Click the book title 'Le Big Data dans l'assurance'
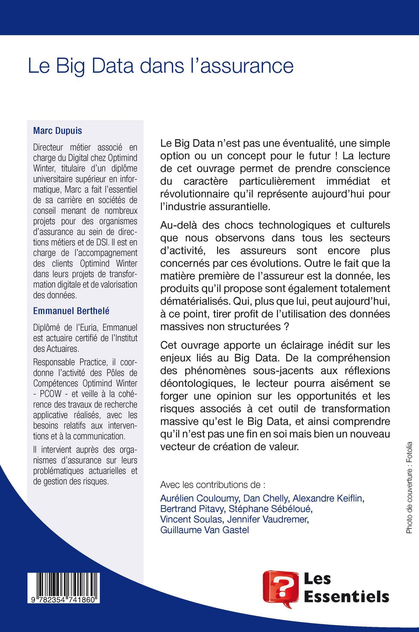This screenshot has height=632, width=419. pos(160,66)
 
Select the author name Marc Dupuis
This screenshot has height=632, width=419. pos(57,131)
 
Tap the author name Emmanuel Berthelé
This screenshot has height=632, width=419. pos(71,311)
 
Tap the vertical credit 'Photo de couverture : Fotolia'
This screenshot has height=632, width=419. pos(409,486)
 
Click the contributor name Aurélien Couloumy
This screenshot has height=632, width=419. pos(199,498)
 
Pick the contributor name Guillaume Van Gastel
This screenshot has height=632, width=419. pos(205,530)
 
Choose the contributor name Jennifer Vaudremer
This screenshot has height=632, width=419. pos(286,520)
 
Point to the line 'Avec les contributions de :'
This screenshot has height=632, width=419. pos(213,485)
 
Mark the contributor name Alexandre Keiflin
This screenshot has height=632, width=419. pos(328,498)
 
